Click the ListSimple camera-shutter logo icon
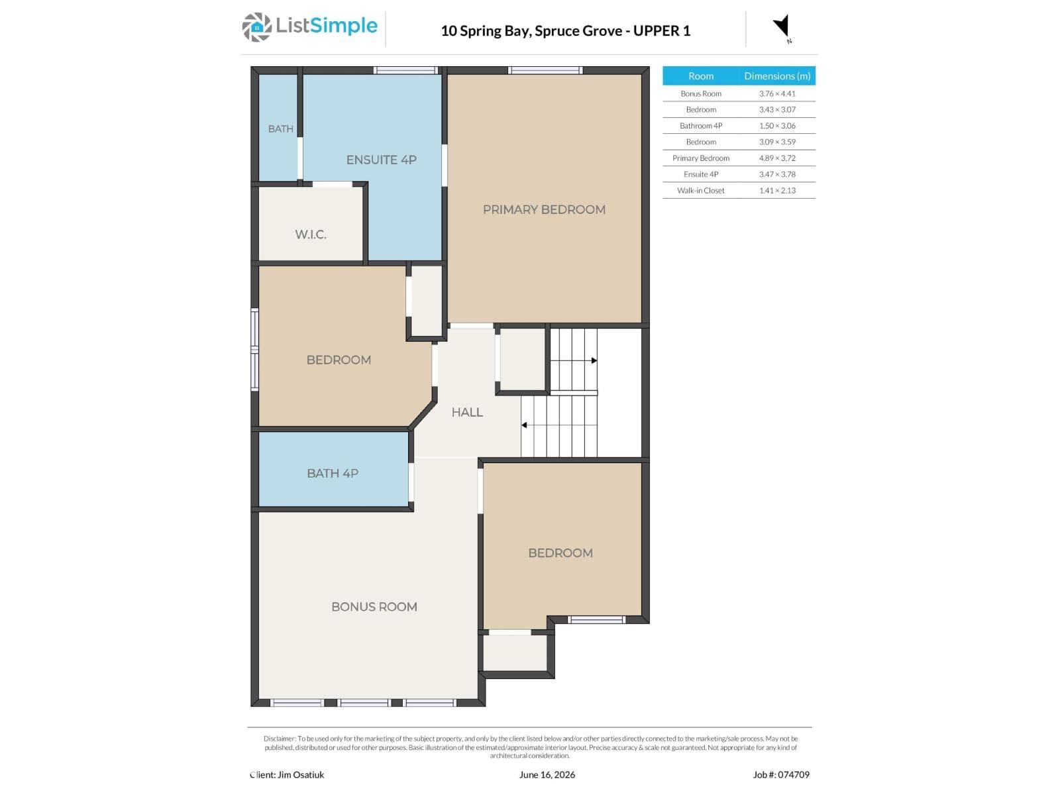256,27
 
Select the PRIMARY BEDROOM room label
544,209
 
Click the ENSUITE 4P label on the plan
381,160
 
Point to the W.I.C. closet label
311,235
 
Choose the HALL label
467,412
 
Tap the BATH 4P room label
333,474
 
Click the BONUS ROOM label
374,607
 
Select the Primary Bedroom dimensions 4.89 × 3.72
777,158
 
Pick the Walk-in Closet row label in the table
701,191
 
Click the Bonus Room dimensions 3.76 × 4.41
777,93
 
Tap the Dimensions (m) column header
777,76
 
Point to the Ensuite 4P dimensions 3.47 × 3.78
777,174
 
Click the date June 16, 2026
547,774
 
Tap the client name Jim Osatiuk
301,774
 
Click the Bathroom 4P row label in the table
701,126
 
